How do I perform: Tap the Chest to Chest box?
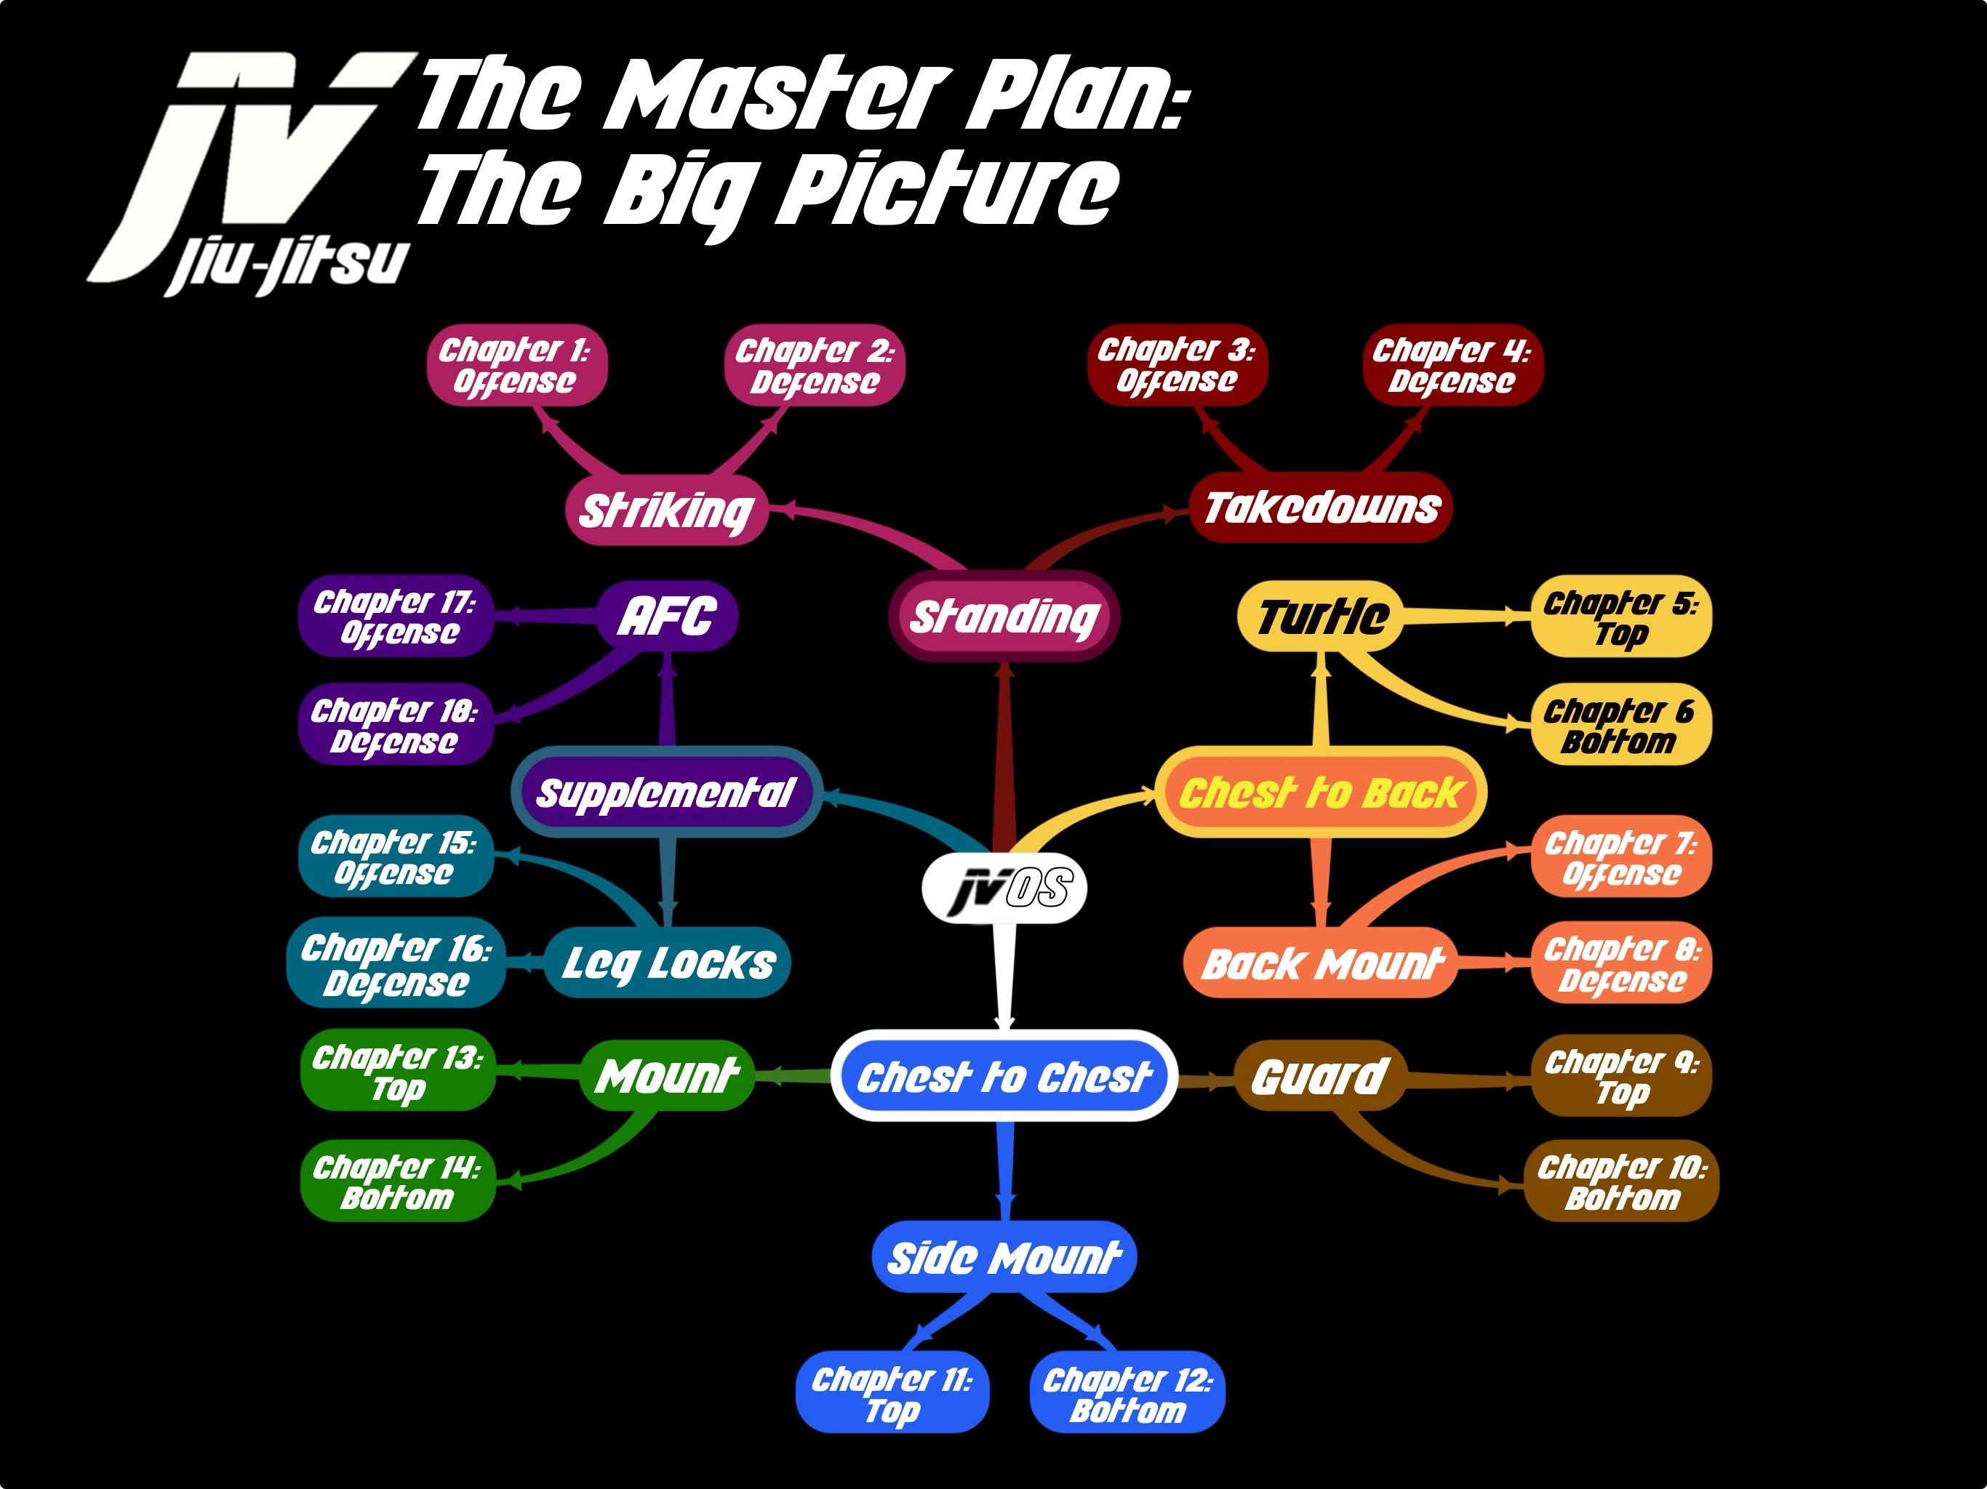[1004, 1076]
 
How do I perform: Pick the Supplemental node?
[665, 792]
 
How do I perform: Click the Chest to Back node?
[1321, 792]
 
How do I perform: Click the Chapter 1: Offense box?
[516, 366]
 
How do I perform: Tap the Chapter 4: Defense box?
[1452, 366]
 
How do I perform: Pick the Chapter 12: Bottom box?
[1127, 1393]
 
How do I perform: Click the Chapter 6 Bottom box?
[1620, 726]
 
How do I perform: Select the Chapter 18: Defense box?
[395, 726]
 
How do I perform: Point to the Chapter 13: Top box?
[397, 1072]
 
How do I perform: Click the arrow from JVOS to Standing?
[1004, 755]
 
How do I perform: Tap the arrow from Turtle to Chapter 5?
[1464, 616]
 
